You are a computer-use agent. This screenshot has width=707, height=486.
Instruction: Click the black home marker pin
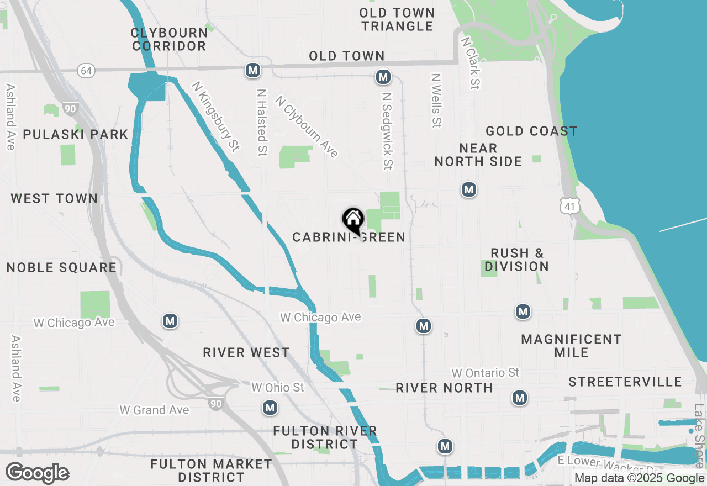(353, 220)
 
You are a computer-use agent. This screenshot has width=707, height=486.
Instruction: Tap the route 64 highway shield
(86, 71)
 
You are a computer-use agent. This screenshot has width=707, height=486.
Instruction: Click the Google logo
(37, 473)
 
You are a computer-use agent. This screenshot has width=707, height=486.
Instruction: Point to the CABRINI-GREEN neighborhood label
(349, 237)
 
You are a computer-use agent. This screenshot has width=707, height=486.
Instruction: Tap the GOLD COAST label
(531, 131)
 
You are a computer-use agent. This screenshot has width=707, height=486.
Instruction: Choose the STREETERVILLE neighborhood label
(625, 382)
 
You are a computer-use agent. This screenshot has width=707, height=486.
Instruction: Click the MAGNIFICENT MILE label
(571, 346)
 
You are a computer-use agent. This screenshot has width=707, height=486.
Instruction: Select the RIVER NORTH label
(444, 388)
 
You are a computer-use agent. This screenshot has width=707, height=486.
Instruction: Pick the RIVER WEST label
(246, 353)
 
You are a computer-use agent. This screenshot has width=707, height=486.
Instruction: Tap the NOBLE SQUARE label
(61, 268)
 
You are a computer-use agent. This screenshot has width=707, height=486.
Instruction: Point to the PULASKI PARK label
(75, 135)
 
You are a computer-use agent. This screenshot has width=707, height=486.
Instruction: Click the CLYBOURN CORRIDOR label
(169, 39)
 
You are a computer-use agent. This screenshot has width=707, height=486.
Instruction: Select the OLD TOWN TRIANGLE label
(397, 19)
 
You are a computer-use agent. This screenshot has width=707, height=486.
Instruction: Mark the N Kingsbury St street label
(215, 117)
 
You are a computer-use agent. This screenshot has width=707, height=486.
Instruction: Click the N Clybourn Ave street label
(307, 127)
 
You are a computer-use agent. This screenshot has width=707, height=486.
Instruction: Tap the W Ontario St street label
(486, 373)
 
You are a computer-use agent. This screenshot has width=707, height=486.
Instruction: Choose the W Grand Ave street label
(154, 410)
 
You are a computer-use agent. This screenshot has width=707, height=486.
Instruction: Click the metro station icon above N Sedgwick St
(383, 77)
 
